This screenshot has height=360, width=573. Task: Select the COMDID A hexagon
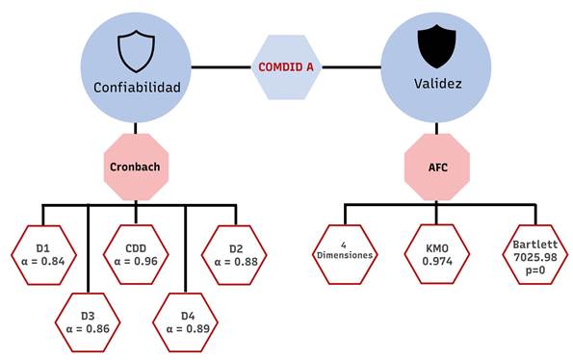[286, 67]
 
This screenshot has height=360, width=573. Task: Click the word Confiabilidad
[137, 87]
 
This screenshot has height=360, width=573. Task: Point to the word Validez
[435, 84]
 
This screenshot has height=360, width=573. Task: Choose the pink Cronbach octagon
[135, 166]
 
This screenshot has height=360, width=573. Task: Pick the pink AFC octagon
[436, 166]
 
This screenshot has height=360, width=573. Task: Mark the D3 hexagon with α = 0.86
[89, 322]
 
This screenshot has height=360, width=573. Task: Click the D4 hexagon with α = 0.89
[184, 322]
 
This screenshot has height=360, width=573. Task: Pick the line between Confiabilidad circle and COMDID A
[221, 67]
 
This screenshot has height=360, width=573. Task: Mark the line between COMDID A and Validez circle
[352, 67]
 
